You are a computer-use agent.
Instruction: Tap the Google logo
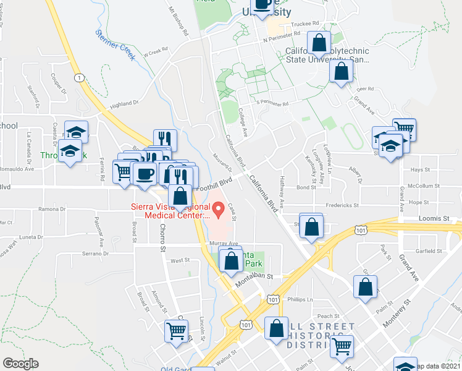[21, 364]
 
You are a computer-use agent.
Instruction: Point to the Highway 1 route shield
[79, 77]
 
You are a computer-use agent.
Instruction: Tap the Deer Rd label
[366, 89]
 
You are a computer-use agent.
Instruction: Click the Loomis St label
[437, 218]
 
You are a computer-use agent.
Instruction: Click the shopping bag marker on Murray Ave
[231, 261]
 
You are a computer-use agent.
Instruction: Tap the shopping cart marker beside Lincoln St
[176, 331]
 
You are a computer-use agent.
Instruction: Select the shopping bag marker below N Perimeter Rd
[319, 43]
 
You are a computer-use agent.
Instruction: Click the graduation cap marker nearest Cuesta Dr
[77, 132]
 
